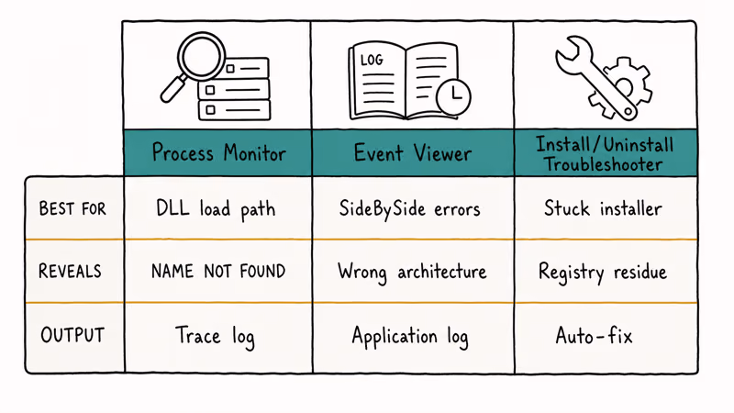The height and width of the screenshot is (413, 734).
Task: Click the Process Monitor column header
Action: click(218, 153)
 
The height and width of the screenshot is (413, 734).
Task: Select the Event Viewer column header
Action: click(412, 153)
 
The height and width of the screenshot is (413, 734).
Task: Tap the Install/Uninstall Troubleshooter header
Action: click(605, 153)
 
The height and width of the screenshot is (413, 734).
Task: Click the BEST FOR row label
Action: click(72, 208)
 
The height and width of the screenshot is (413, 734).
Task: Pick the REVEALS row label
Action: click(70, 271)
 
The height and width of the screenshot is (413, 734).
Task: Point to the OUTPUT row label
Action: click(72, 335)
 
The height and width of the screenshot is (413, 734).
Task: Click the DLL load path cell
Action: click(216, 209)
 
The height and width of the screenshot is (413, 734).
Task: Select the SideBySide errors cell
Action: click(409, 208)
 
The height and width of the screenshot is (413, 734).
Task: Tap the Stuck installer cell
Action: click(603, 208)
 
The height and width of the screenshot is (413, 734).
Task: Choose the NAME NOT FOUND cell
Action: click(218, 271)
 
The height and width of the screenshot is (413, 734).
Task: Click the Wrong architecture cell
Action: click(412, 272)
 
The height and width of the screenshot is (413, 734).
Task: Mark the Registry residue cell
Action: click(603, 272)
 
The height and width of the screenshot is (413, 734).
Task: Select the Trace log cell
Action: click(215, 336)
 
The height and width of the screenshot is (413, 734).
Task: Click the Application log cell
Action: click(409, 337)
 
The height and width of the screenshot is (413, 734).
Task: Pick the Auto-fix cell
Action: click(594, 335)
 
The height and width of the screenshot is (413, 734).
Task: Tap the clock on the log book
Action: click(453, 97)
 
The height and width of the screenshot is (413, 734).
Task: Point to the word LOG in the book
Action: click(372, 60)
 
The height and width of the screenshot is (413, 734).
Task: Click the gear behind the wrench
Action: click(624, 87)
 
